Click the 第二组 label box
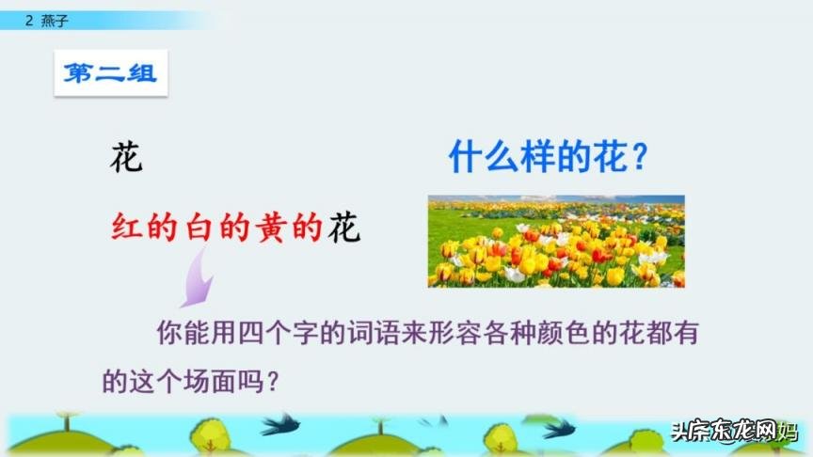(110, 73)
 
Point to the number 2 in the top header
(29, 18)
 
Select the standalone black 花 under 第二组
(126, 157)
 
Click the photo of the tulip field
(556, 241)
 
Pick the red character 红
(126, 228)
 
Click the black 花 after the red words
(344, 228)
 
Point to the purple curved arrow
(197, 279)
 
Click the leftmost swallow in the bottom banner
(280, 425)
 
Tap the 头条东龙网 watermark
(734, 432)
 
